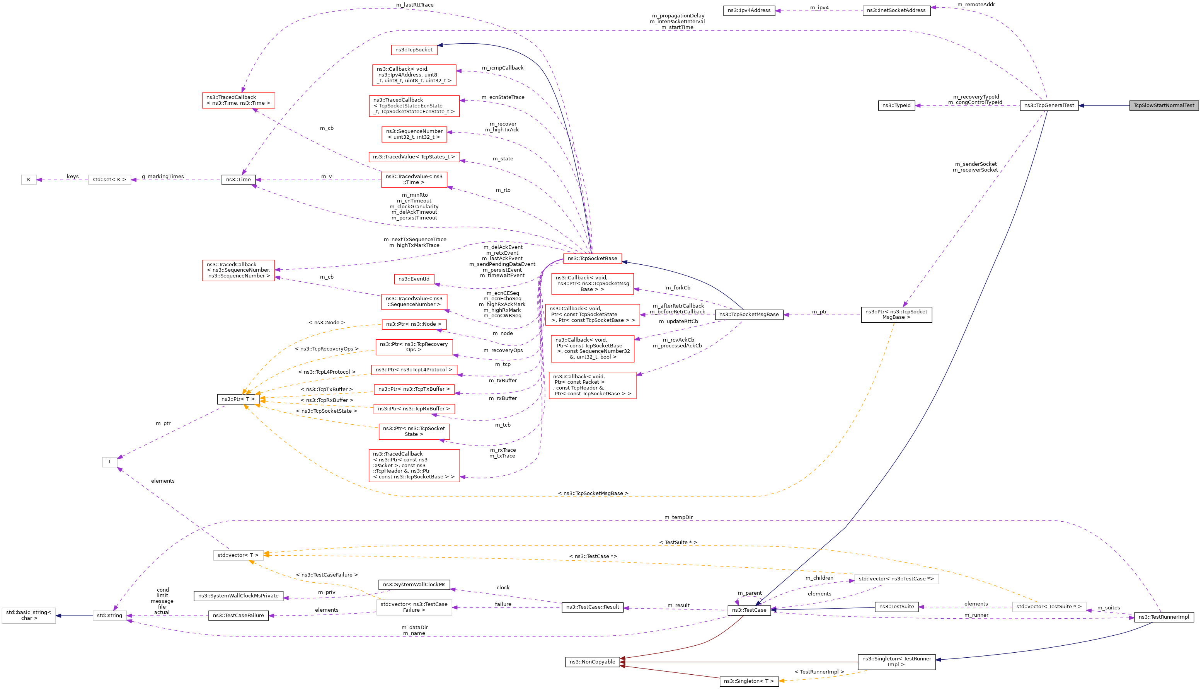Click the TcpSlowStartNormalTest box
click(1164, 105)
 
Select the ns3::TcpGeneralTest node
click(1049, 105)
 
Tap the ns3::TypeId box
click(896, 105)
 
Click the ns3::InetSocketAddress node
click(896, 10)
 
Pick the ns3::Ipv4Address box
click(749, 10)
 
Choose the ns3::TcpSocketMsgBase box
click(749, 315)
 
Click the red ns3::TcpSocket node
click(414, 50)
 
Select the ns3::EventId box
click(414, 279)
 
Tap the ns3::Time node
click(238, 180)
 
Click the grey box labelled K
click(29, 180)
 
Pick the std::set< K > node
click(109, 180)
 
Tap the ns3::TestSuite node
click(896, 607)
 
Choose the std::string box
click(110, 616)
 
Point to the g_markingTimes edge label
click(163, 177)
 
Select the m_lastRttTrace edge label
click(414, 5)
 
